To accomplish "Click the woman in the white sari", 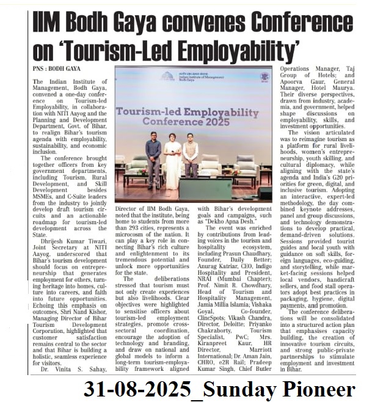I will pyautogui.click(x=173, y=158).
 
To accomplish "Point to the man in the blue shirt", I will pyautogui.click(x=154, y=160).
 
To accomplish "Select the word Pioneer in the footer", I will pyautogui.click(x=322, y=389).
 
